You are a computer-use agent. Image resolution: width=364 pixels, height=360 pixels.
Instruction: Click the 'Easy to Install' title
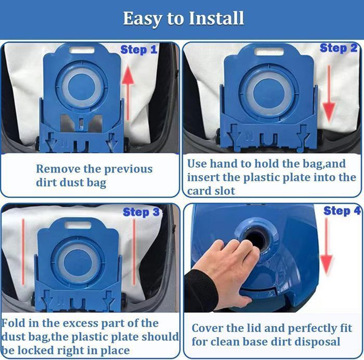(x=184, y=18)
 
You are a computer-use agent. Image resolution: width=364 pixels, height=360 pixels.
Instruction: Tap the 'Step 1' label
(x=139, y=50)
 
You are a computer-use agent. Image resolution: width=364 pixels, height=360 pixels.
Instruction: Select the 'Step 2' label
(x=339, y=48)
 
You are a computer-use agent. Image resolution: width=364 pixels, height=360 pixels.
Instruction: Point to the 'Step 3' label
(x=141, y=212)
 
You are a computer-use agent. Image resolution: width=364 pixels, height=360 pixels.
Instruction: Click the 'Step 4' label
(x=342, y=210)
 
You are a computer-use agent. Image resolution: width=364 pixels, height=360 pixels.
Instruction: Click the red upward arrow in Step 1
(x=128, y=92)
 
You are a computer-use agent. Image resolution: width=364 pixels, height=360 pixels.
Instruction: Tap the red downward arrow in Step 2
(x=329, y=94)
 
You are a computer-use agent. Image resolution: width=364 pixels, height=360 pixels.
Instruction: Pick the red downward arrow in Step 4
(x=327, y=246)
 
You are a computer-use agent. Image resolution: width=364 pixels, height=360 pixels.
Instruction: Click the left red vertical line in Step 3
(x=23, y=251)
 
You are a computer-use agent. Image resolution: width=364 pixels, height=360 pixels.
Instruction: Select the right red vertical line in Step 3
(x=134, y=251)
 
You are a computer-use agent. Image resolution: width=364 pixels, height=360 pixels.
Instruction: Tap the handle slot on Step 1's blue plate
(x=82, y=50)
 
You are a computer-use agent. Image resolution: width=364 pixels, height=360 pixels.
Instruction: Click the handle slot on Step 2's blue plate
(x=269, y=52)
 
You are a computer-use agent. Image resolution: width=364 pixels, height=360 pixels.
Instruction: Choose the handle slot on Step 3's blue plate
(x=78, y=225)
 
